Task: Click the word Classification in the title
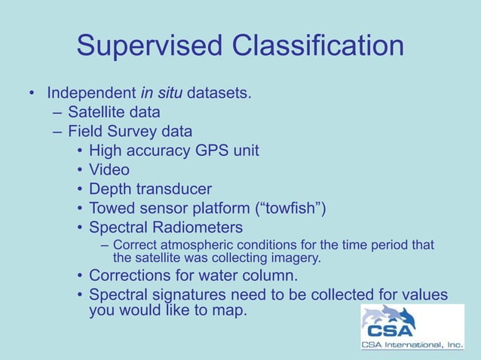[x=317, y=46]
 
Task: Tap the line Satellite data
[x=113, y=112]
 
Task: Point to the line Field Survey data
[x=130, y=131]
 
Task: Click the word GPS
[x=213, y=151]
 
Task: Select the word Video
[x=109, y=170]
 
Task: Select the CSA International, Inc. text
[x=412, y=346]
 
